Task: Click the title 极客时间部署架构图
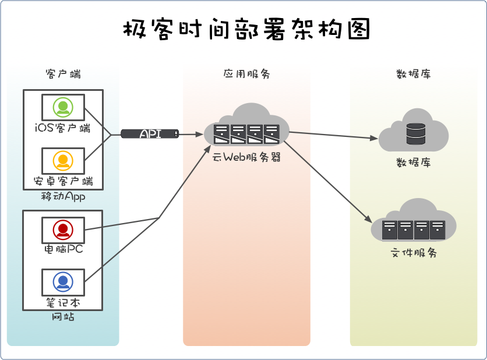pos(246,30)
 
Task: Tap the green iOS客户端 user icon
pos(63,107)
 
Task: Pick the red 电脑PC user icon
pos(63,230)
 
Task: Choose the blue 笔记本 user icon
pos(63,283)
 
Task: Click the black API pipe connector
pos(150,134)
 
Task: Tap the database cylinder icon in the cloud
pos(415,133)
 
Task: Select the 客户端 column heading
pos(63,75)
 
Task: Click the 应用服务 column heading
pos(246,75)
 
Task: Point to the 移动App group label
pos(63,196)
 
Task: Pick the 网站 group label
pos(63,317)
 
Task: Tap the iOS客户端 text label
pos(63,128)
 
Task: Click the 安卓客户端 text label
pos(63,181)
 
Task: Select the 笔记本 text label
pos(63,303)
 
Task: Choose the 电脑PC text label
pos(63,249)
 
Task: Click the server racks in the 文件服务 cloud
pos(414,230)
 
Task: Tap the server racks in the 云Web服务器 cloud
pos(246,134)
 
